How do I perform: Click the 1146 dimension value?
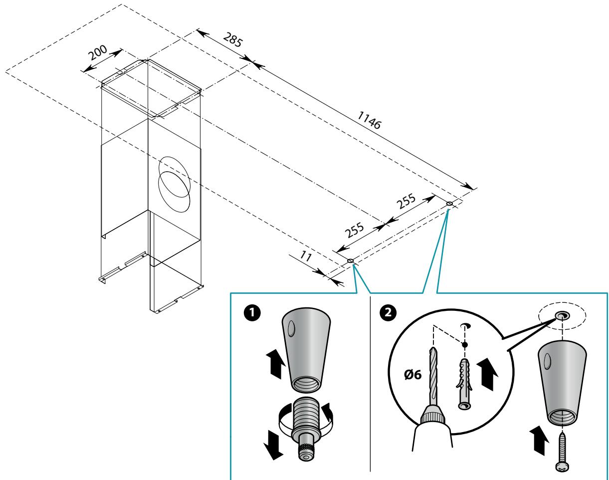[369, 120]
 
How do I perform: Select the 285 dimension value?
[233, 39]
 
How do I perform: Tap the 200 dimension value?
[98, 53]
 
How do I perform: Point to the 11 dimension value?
[306, 256]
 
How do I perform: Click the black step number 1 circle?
[252, 313]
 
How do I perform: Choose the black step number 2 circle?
[388, 312]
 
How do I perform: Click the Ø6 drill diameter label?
[413, 375]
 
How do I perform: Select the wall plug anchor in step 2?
[464, 384]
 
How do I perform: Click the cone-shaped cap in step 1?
[306, 350]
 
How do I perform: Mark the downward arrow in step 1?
[273, 449]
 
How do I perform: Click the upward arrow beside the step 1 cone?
[276, 364]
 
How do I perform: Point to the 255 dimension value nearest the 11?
[354, 230]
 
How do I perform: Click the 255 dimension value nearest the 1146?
[406, 201]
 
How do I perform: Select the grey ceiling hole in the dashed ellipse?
[562, 315]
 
